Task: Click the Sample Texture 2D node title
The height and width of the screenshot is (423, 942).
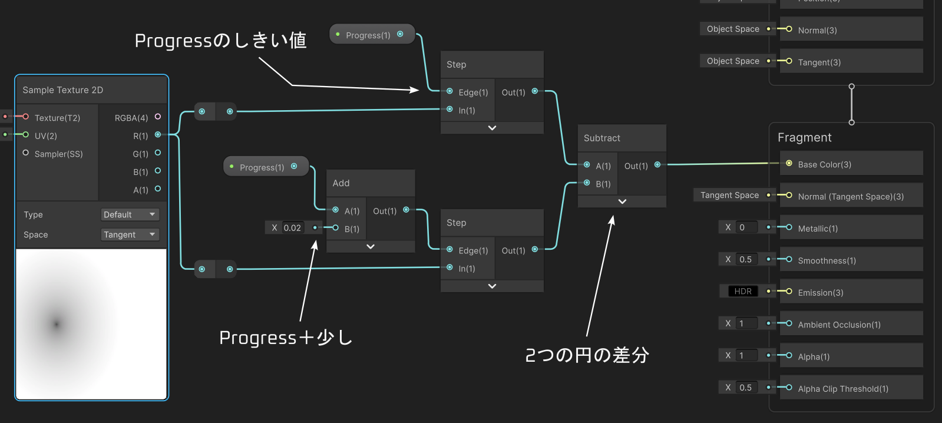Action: [62, 90]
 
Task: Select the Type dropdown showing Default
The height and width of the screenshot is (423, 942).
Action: [130, 214]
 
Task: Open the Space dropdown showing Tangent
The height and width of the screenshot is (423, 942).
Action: [130, 234]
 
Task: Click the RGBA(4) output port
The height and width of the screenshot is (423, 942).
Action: [158, 117]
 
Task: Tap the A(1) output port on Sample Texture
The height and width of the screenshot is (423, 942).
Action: [158, 189]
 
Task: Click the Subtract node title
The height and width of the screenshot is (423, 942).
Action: [602, 138]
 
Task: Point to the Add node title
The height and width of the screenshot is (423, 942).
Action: [341, 183]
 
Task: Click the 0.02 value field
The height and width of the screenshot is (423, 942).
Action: [292, 228]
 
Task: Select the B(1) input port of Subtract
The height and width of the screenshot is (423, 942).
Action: [587, 183]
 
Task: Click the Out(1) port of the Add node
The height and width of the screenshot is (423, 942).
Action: [406, 210]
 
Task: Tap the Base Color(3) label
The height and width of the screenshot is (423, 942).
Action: [824, 164]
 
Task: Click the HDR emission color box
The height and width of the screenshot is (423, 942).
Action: [743, 291]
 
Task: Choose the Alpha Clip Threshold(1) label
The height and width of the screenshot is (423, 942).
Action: [843, 388]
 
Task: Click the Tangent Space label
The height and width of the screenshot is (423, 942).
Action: [730, 195]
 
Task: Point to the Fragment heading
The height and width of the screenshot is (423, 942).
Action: [805, 137]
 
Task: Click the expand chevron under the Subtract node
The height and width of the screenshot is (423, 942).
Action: [622, 201]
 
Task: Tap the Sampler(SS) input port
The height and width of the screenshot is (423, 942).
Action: [26, 153]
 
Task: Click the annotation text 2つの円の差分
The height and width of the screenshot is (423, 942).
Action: [587, 355]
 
